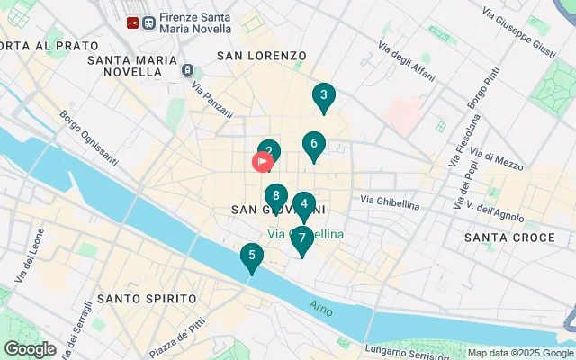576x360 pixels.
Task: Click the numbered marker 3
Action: (323, 95)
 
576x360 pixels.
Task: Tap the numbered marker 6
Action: (313, 144)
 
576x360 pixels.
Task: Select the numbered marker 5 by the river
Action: (252, 257)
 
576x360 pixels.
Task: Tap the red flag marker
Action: (261, 162)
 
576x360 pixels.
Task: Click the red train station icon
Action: (134, 22)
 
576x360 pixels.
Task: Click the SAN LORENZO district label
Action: (262, 56)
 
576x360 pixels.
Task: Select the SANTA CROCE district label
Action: (509, 238)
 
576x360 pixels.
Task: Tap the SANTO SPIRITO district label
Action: (147, 298)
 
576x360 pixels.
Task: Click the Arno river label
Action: (320, 309)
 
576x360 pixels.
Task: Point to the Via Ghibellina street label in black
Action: (389, 203)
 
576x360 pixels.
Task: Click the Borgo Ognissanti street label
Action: (88, 138)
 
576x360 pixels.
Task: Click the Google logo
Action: (30, 348)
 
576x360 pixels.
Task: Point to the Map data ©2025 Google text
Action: (519, 353)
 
